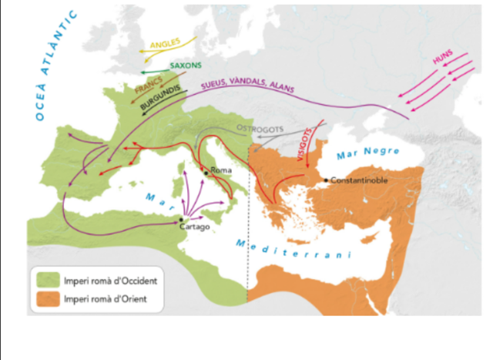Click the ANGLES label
tap(165, 45)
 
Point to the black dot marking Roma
tap(205, 171)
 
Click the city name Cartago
tap(194, 229)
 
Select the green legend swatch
tap(46, 278)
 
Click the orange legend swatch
tap(46, 298)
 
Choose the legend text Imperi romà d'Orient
tap(100, 298)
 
